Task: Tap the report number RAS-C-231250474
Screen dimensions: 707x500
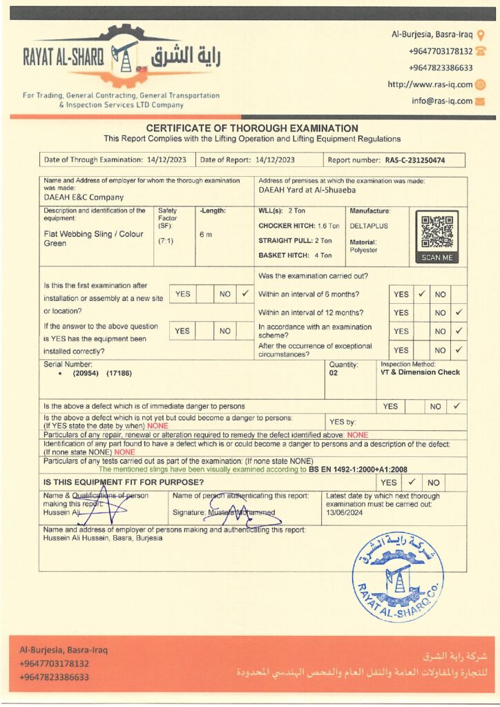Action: (x=414, y=160)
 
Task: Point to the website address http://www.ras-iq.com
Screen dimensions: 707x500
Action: (x=430, y=84)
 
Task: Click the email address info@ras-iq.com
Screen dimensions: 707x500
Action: (x=442, y=101)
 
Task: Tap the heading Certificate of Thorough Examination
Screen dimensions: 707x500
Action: (x=252, y=128)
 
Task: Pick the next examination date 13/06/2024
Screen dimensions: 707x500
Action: (x=346, y=514)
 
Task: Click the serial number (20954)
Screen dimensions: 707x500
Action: (x=87, y=373)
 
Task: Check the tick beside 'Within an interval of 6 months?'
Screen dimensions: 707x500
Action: (x=422, y=293)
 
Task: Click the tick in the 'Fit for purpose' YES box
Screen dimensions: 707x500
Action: (x=410, y=482)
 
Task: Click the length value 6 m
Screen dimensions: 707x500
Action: (x=206, y=235)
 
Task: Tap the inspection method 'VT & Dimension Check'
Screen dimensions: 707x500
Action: (x=420, y=372)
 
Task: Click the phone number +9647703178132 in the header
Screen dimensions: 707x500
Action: (x=441, y=51)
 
